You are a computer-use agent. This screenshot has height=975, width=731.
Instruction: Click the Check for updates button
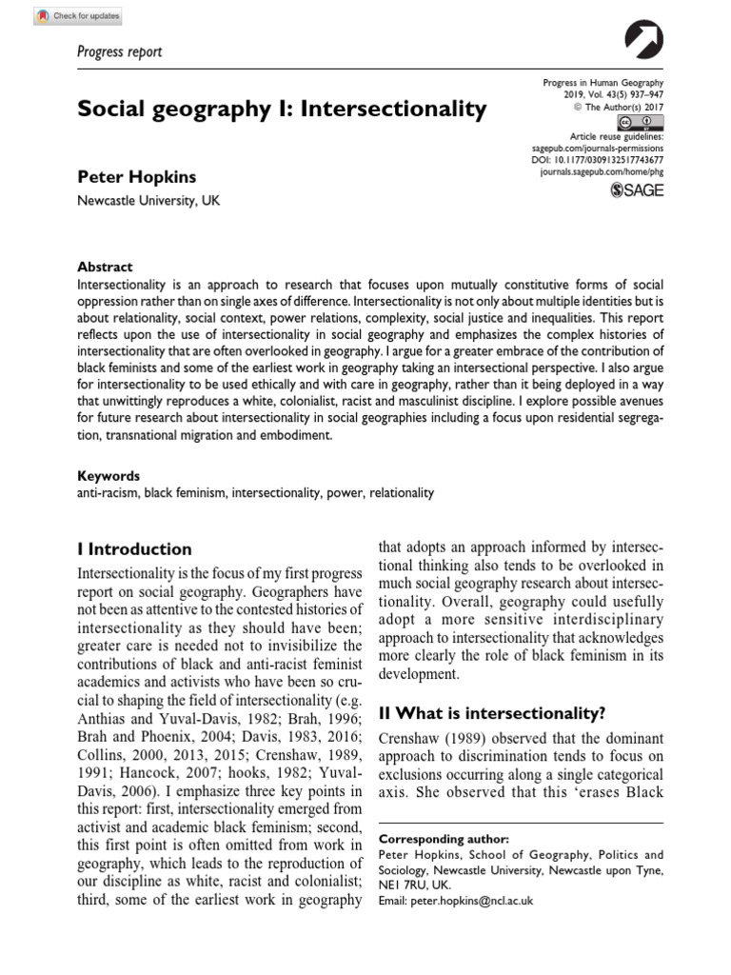tap(81, 15)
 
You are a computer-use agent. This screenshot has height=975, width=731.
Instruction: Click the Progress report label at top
tap(119, 51)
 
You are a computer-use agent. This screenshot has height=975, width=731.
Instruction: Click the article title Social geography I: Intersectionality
tap(282, 109)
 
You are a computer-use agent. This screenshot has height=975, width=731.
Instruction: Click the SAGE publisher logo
tap(637, 190)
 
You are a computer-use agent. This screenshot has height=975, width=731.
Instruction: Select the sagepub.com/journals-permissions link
tap(597, 149)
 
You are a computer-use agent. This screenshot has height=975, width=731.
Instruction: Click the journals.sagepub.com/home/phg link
tap(603, 174)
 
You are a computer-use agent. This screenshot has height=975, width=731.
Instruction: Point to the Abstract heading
tap(105, 267)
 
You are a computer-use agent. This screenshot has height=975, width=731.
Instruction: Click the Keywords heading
tap(108, 475)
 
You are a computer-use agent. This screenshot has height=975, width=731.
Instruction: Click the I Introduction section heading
tap(134, 549)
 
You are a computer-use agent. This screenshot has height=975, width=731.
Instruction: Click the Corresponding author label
tap(444, 839)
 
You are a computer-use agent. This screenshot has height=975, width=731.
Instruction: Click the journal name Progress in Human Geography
tap(603, 84)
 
